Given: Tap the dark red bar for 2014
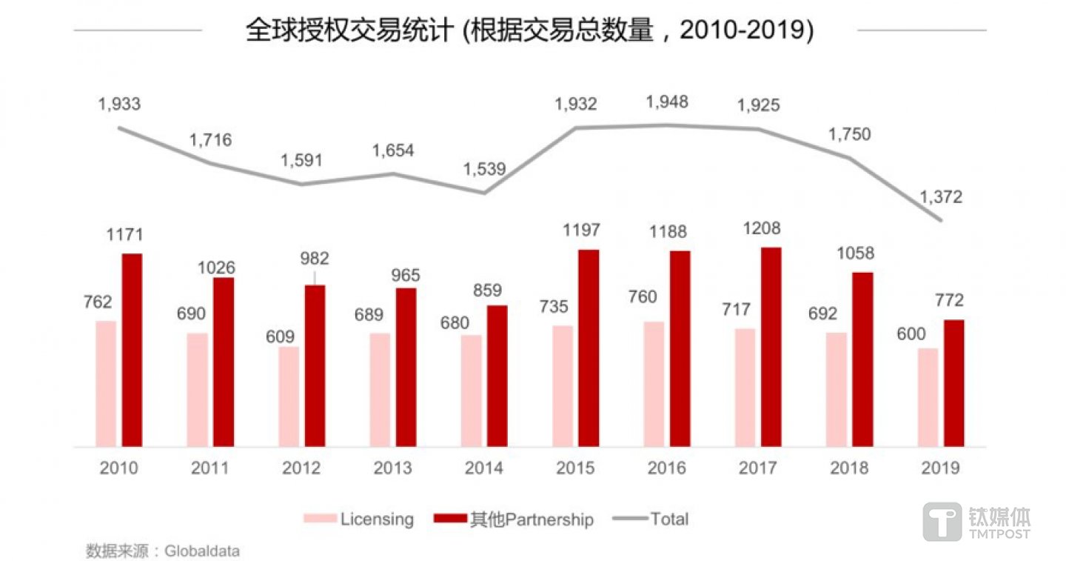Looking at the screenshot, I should (x=497, y=376).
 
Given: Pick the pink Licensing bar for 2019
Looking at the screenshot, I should (x=928, y=397).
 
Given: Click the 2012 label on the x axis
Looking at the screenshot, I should (x=301, y=468).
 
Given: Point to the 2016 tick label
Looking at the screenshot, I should (x=666, y=468).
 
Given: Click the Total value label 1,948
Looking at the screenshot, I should (x=666, y=102).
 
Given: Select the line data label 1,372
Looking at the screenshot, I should (x=940, y=197).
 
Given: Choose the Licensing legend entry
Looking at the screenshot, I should (x=358, y=519).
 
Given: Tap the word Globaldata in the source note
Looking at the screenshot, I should (x=201, y=551).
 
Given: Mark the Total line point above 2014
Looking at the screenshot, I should (x=484, y=193).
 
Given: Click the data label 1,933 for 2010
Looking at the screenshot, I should (x=119, y=104).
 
